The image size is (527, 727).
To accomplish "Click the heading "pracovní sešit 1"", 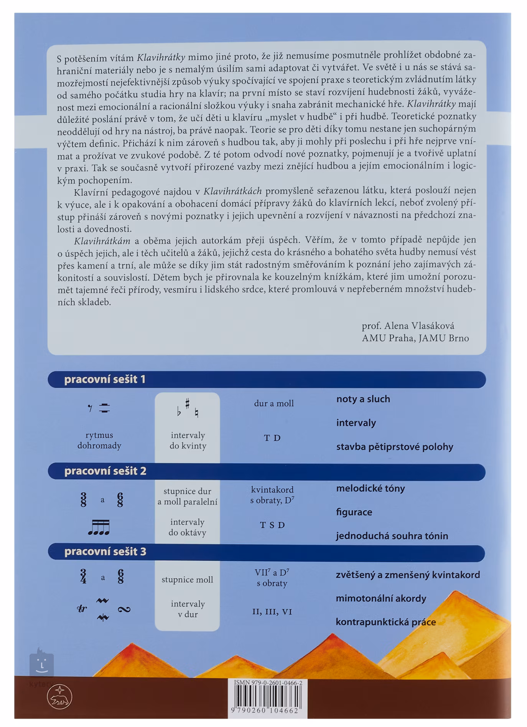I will click(105, 379).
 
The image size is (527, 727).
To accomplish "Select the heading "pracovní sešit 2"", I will click(105, 471).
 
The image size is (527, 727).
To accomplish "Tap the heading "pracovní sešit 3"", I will click(105, 552).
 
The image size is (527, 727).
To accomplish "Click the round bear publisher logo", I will click(60, 697).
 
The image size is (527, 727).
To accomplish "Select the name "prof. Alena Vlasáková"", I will click(408, 326).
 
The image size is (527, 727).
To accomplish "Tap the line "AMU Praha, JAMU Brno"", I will click(415, 338).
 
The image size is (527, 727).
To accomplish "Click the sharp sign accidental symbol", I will click(188, 403).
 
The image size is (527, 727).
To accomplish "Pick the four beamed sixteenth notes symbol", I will click(99, 527).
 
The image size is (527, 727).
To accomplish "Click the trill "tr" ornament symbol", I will click(82, 608).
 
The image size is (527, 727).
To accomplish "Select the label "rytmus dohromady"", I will click(99, 440).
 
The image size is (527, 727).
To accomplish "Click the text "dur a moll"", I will click(273, 403).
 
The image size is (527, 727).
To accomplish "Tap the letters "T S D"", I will click(272, 525).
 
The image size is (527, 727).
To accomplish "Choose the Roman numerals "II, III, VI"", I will click(272, 612).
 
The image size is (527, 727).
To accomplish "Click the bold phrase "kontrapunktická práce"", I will click(385, 622).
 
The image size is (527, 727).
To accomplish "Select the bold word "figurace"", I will click(354, 512).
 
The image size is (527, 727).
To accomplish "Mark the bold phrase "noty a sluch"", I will click(363, 399).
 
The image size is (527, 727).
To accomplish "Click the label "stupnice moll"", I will click(187, 580).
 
